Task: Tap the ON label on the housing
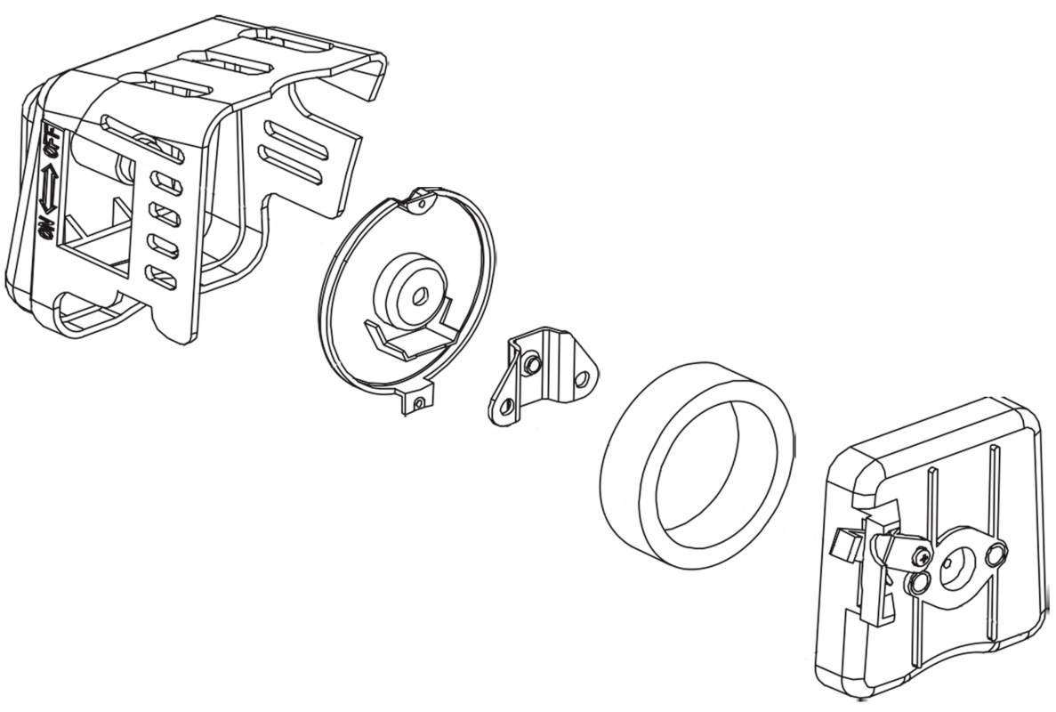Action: [x=46, y=229]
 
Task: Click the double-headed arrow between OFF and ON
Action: [x=47, y=190]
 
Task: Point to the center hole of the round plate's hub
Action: [x=421, y=295]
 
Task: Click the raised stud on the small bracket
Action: [x=531, y=364]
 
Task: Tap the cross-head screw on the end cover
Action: [x=921, y=557]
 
